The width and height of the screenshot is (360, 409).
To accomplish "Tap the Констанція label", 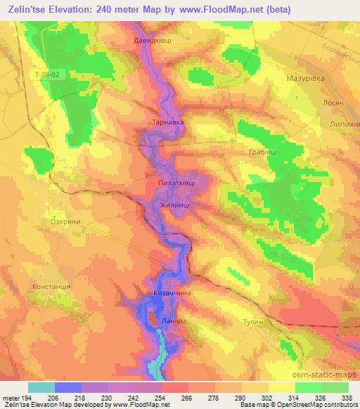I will point(51,287).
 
